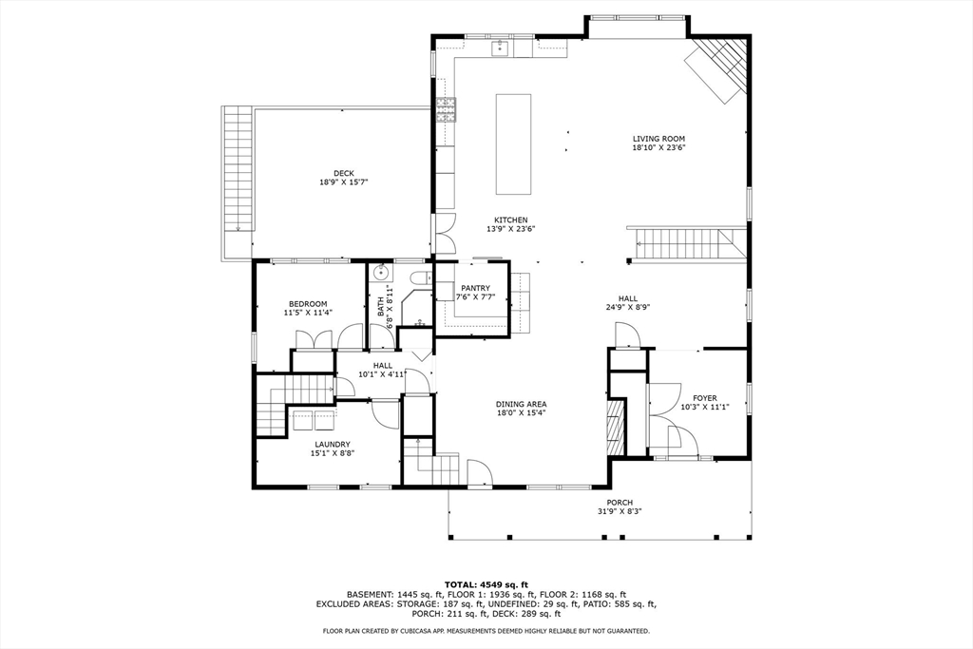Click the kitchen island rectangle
pyautogui.click(x=512, y=143)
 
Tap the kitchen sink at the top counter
pyautogui.click(x=499, y=47)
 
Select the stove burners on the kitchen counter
pyautogui.click(x=445, y=111)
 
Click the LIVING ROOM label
pyautogui.click(x=658, y=139)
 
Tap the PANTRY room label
pyautogui.click(x=475, y=288)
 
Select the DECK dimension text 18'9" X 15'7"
pyautogui.click(x=343, y=181)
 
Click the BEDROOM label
pyautogui.click(x=308, y=304)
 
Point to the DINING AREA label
pyautogui.click(x=521, y=404)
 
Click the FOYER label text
pyautogui.click(x=704, y=398)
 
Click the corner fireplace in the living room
pyautogui.click(x=720, y=68)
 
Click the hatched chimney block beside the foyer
pyautogui.click(x=617, y=428)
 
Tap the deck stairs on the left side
pyautogui.click(x=238, y=167)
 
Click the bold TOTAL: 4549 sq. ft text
pyautogui.click(x=486, y=583)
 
